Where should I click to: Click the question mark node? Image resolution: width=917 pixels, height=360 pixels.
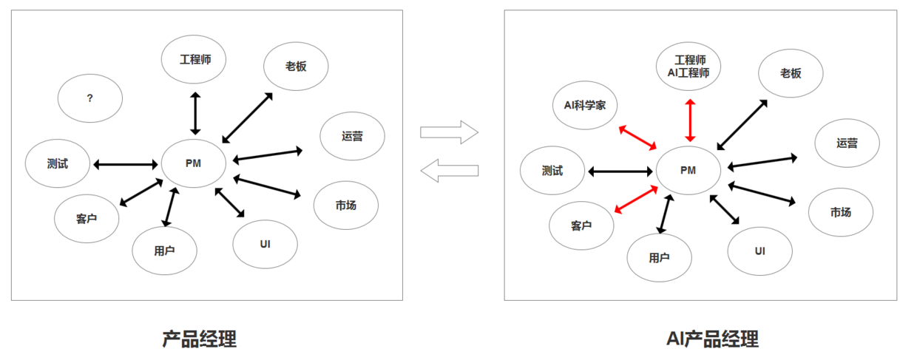90,98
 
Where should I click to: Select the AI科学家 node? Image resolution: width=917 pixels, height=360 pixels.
585,105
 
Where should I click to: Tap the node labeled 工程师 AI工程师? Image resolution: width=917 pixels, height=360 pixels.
688,67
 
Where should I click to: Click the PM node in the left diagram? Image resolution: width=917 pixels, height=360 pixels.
194,163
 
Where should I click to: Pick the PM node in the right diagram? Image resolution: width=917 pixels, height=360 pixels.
688,170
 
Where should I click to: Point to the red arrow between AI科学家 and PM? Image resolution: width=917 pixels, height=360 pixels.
637,137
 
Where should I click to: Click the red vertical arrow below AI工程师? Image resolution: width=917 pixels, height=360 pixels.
690,120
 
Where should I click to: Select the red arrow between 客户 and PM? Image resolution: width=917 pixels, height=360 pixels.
636,200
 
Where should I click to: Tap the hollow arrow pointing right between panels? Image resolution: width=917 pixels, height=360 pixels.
450,132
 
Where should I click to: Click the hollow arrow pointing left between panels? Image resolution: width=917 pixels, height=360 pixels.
450,171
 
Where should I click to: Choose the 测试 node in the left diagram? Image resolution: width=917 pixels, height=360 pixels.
58,163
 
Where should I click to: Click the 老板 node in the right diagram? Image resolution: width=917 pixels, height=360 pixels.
791,74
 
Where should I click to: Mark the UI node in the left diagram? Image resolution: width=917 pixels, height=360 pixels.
265,244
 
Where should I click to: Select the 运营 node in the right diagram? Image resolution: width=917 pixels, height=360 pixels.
847,143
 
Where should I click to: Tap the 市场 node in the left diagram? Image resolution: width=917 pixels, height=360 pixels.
346,206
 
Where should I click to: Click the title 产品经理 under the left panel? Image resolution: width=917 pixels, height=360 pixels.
200,339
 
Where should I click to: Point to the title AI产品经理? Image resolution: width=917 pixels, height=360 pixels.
713,339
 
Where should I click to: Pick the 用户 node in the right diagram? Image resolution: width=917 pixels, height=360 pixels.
660,258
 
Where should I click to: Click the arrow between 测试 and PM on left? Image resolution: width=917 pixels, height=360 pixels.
126,164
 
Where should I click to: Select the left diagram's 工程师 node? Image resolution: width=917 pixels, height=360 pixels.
194,59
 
